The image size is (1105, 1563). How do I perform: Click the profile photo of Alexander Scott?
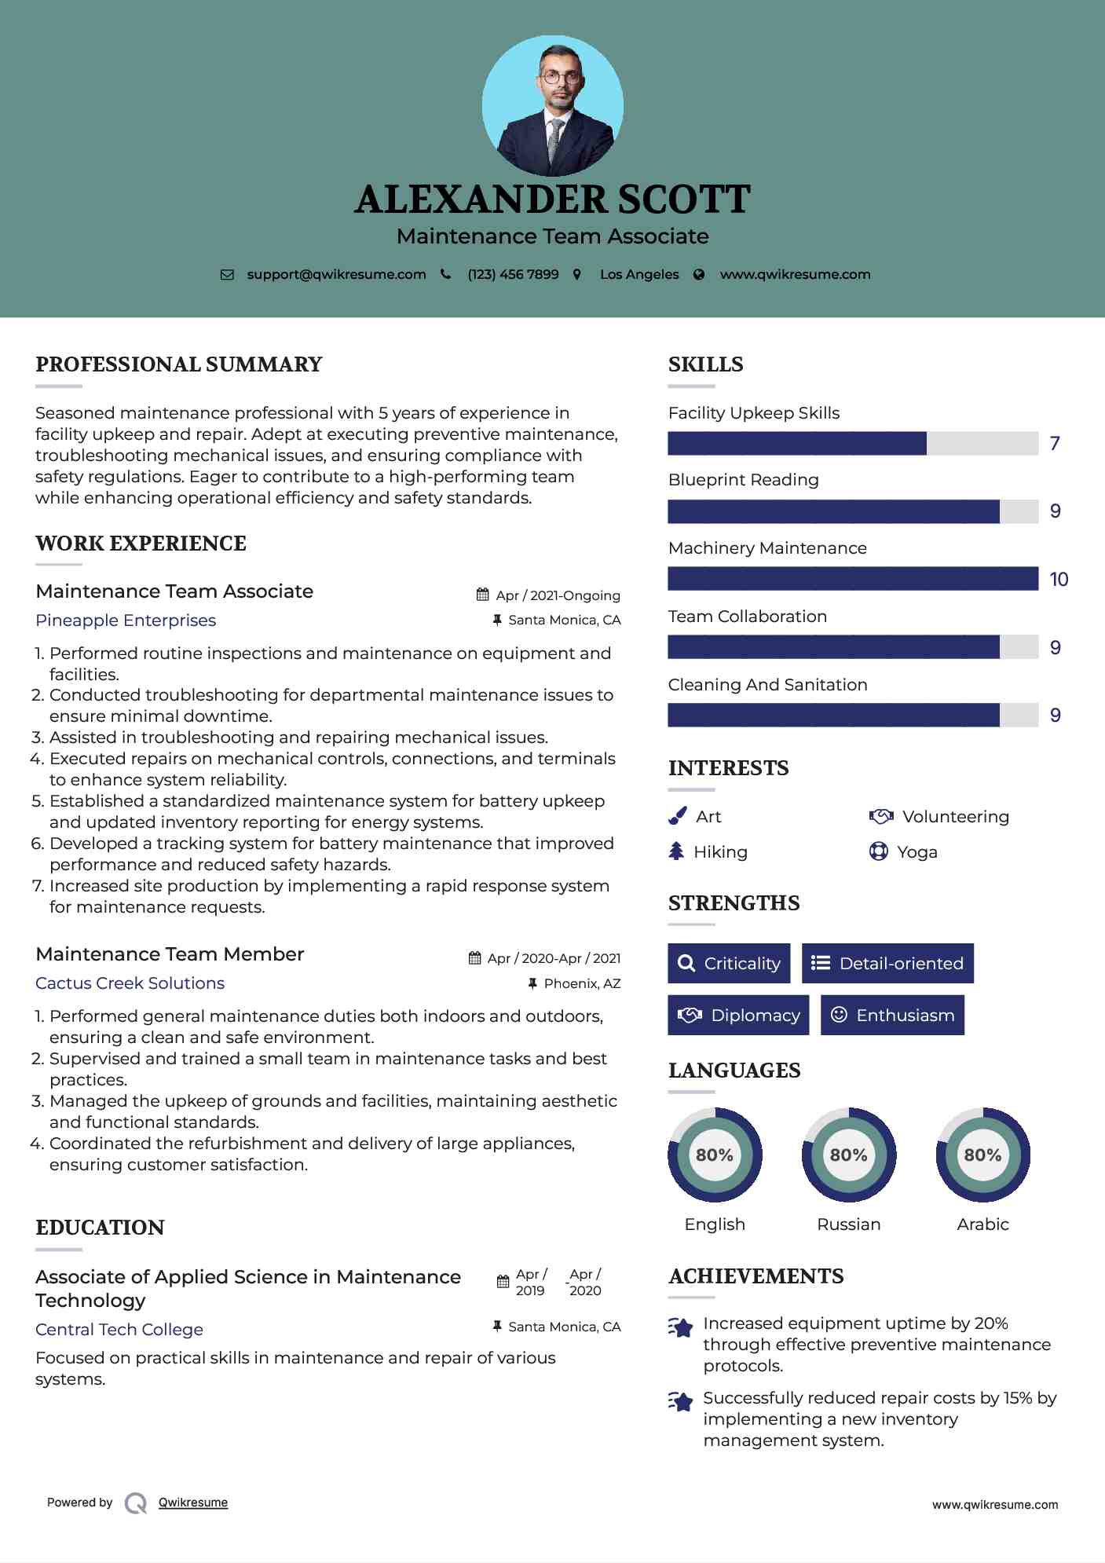(552, 105)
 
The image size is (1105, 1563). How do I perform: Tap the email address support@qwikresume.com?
(336, 274)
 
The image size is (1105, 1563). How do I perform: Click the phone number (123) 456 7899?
(513, 274)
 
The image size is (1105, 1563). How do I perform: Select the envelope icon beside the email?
(227, 275)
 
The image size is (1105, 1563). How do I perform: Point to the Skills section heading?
(705, 364)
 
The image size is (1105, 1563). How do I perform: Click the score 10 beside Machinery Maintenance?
(1059, 580)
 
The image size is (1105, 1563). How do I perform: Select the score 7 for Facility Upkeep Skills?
(1055, 444)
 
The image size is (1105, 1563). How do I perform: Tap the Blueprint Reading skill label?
(743, 480)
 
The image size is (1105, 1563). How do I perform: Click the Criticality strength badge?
(729, 963)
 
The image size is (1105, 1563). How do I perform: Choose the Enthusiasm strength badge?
(892, 1015)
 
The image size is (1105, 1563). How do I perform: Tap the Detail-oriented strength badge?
(887, 963)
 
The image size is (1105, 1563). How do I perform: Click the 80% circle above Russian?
(848, 1155)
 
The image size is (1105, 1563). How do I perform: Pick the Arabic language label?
(982, 1224)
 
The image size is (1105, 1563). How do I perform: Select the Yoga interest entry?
(917, 852)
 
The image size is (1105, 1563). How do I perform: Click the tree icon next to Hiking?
(676, 851)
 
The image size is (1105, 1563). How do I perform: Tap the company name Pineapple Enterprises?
(126, 620)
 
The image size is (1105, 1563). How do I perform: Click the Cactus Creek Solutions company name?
(130, 983)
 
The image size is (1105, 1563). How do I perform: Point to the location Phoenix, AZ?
(582, 983)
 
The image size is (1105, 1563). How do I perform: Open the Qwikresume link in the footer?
(193, 1503)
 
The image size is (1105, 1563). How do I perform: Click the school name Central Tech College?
(119, 1330)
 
